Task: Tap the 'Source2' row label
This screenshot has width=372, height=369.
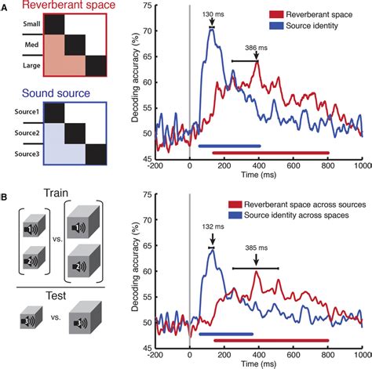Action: [x=26, y=134]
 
